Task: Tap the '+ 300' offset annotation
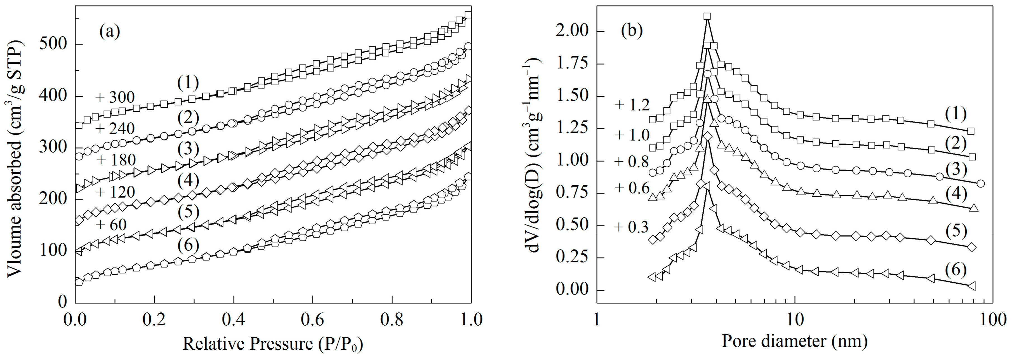click(x=115, y=97)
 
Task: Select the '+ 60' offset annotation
click(x=111, y=225)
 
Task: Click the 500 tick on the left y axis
click(x=53, y=45)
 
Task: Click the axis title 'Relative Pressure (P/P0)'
click(x=273, y=344)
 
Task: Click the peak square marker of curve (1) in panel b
click(x=707, y=16)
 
